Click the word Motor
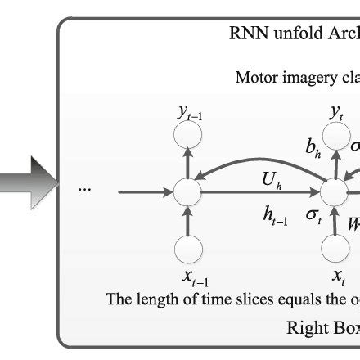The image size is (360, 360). point(257,79)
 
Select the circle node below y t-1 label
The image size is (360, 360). point(189,144)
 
